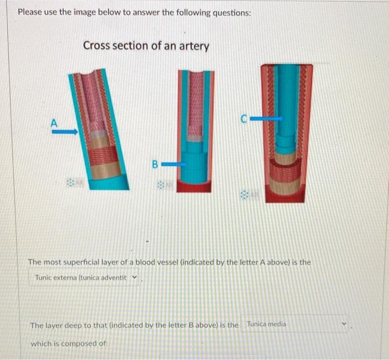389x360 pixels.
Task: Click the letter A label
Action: (x=54, y=123)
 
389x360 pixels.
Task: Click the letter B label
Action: (x=156, y=164)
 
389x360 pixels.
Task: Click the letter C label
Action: (x=244, y=118)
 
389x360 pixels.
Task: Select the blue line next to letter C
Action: (x=266, y=118)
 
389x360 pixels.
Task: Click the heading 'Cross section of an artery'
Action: (x=146, y=46)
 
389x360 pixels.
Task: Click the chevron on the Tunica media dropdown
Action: (x=344, y=324)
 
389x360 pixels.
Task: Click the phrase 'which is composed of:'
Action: (x=69, y=343)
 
